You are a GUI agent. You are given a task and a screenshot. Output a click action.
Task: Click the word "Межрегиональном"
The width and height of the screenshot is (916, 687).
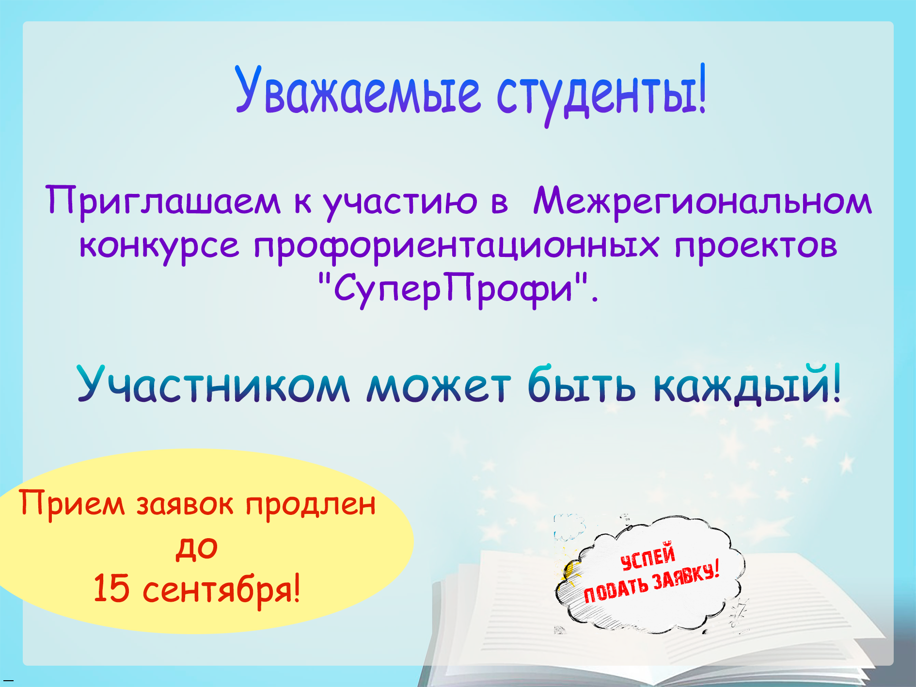click(702, 201)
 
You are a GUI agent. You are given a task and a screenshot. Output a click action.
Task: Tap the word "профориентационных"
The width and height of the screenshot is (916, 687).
click(456, 246)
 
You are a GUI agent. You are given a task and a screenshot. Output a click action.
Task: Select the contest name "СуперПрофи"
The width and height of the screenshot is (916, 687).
click(453, 290)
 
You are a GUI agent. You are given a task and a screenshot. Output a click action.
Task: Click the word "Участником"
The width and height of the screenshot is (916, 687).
click(213, 384)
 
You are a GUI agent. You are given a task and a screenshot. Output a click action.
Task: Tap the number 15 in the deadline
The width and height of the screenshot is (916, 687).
click(111, 589)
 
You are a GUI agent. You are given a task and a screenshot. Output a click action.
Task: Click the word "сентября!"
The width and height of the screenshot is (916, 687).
click(221, 590)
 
